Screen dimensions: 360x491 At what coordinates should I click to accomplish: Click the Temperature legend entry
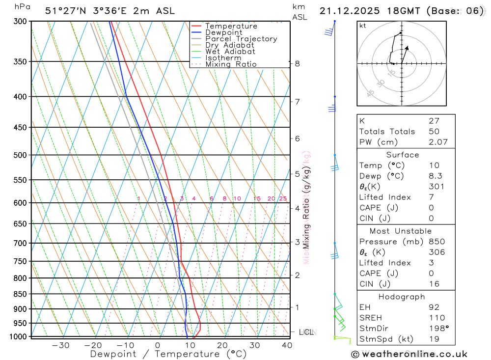[x=231, y=26]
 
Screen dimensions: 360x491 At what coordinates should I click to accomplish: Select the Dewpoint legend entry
[x=223, y=32]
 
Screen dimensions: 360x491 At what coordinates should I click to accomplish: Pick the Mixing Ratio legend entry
[x=231, y=64]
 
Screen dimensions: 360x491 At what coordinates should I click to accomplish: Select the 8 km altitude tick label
[x=297, y=63]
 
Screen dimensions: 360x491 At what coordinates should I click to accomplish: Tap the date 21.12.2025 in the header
[x=346, y=11]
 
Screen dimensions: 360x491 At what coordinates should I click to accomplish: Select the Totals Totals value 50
[x=433, y=132]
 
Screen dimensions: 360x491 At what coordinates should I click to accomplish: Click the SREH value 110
[x=436, y=318]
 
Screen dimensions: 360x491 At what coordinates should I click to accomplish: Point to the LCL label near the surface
[x=306, y=332]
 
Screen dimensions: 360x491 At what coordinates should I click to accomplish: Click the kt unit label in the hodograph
[x=363, y=26]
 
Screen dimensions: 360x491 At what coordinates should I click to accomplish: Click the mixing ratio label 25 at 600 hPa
[x=283, y=198]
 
